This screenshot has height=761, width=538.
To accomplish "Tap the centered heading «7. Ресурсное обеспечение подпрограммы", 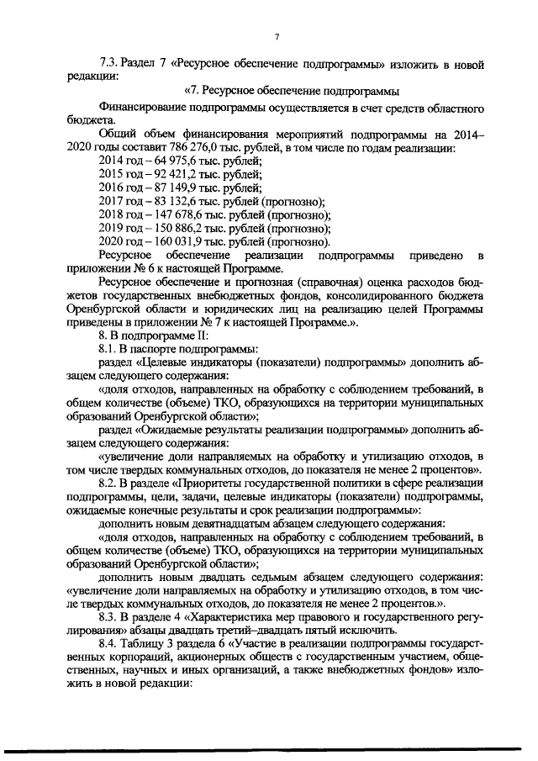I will [290, 91].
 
